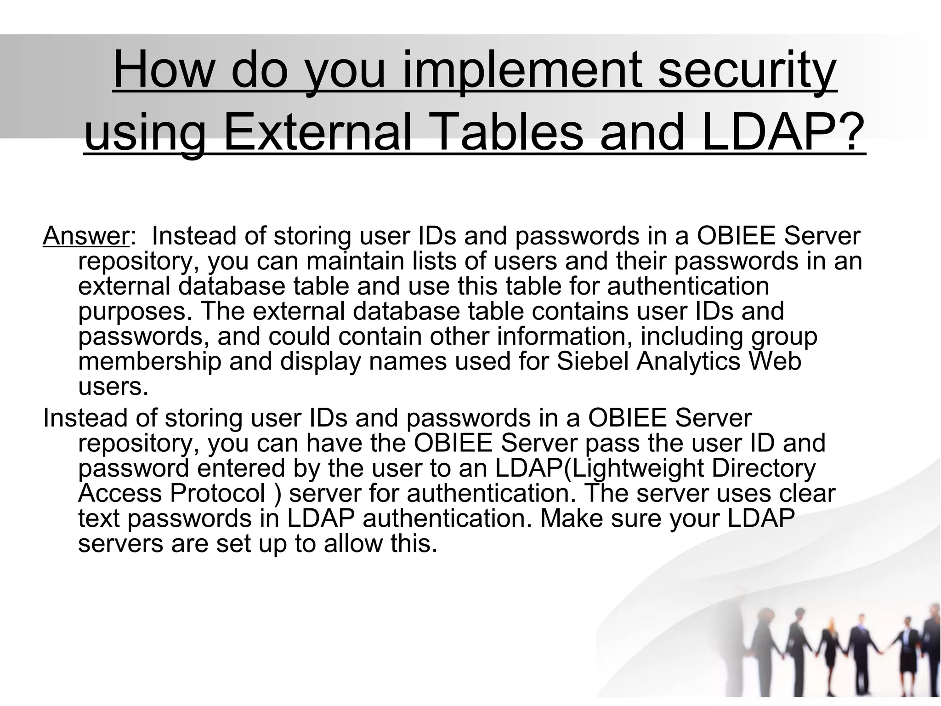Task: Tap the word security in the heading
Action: tap(747, 72)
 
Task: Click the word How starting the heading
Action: tap(164, 72)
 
